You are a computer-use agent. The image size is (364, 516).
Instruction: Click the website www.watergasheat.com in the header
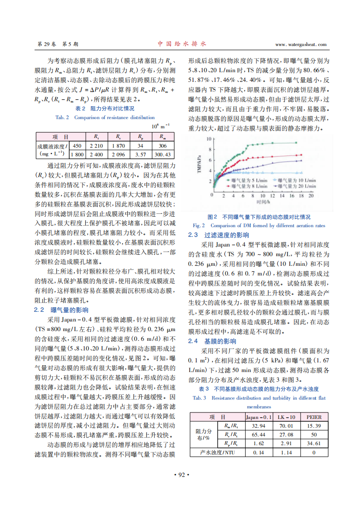301,44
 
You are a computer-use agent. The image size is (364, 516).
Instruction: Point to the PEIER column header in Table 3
314,417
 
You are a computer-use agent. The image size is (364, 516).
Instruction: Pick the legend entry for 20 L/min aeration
294,186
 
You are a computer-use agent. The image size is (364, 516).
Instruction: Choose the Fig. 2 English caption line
259,225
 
